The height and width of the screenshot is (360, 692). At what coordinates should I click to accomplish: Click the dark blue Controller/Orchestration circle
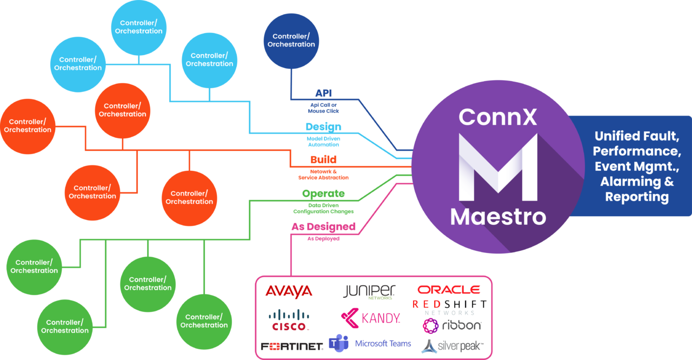point(291,41)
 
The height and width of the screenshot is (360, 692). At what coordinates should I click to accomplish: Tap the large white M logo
point(498,167)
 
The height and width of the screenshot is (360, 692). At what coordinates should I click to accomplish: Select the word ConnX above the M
point(498,117)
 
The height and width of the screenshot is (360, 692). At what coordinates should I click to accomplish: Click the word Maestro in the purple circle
point(498,216)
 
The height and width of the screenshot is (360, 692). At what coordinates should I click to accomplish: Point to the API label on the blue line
point(323,93)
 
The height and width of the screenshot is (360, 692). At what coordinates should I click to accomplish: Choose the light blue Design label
point(323,127)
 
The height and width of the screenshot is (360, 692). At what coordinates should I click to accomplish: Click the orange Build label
point(323,160)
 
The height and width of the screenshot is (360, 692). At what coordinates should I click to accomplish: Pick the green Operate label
point(323,194)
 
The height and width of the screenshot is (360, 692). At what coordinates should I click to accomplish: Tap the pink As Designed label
point(323,226)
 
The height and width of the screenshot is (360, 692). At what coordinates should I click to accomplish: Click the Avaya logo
point(288,291)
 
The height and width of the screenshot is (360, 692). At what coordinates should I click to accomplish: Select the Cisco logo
point(289,319)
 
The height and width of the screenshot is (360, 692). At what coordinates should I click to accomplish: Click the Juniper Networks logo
point(370,291)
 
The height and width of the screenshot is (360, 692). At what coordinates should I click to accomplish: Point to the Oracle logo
point(449,290)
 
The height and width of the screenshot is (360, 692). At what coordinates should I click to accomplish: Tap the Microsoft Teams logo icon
point(339,344)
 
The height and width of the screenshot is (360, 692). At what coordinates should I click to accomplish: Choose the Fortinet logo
point(292,346)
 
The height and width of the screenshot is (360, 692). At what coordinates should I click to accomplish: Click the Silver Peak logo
point(452,346)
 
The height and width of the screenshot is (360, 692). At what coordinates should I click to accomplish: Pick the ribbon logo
point(452,326)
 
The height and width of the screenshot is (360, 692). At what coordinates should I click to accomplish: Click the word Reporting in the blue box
point(636,197)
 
